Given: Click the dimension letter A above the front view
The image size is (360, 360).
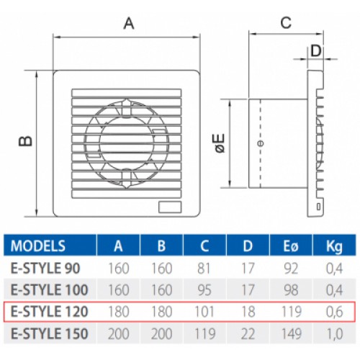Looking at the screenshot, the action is click(129, 24).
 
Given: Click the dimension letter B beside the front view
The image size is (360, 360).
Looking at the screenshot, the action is click(25, 141).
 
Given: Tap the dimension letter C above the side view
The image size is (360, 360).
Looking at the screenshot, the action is click(286, 23).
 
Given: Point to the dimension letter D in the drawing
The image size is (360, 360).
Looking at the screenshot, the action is click(316, 51).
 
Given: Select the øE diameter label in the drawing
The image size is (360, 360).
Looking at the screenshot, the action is click(220, 143).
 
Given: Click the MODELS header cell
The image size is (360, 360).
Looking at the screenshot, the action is click(38, 246).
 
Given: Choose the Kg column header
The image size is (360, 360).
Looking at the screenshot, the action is click(334, 246).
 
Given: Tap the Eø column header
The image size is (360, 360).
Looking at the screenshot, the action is click(291, 246).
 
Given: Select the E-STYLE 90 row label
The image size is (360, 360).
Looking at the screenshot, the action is click(45, 268).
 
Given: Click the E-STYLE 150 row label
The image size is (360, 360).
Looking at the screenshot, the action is click(50, 333).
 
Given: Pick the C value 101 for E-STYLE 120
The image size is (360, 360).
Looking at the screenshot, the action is click(204, 312).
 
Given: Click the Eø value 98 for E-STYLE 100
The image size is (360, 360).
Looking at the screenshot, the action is click(291, 290).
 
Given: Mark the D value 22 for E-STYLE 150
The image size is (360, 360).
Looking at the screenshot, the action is click(248, 333).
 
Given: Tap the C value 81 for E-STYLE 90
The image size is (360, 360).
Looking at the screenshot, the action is click(204, 268).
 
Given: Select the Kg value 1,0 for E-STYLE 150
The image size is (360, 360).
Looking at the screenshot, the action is click(334, 334).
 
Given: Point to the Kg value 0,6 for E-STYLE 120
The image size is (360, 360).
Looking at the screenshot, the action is click(334, 312).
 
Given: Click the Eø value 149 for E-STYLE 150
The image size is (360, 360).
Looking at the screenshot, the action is click(291, 333).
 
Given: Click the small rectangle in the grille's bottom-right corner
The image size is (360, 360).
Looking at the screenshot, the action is click(170, 207).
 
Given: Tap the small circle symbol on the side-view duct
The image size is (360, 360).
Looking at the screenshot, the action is click(261, 143).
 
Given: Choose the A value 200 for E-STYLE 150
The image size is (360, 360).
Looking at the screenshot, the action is click(118, 333).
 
